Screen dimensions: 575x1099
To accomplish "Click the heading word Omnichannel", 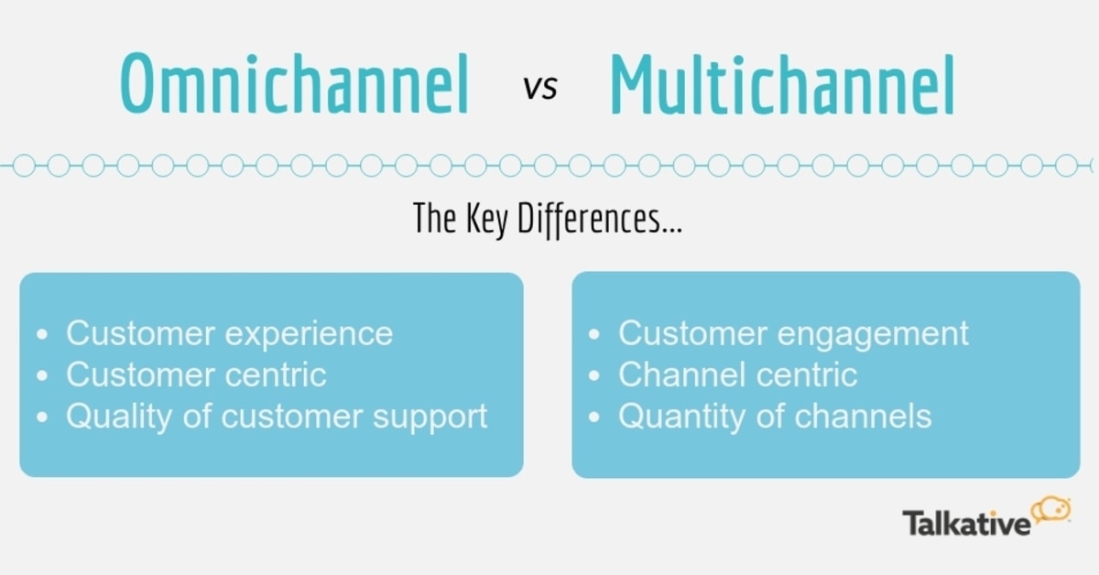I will pyautogui.click(x=294, y=85).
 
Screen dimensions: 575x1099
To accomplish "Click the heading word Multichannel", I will pyautogui.click(x=782, y=85).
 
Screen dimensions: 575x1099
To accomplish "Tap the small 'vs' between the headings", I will pyautogui.click(x=539, y=89).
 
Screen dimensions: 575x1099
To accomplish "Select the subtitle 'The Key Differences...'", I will pyautogui.click(x=548, y=220).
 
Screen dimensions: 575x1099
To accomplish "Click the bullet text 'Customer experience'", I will pyautogui.click(x=229, y=333).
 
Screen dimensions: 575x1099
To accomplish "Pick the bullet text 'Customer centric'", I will pyautogui.click(x=196, y=374).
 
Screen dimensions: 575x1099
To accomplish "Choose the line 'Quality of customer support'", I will pyautogui.click(x=277, y=417).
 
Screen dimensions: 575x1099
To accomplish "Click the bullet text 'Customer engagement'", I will pyautogui.click(x=793, y=333).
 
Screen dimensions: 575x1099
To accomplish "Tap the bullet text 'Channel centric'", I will pyautogui.click(x=737, y=374).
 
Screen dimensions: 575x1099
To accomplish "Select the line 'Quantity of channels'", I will pyautogui.click(x=775, y=417).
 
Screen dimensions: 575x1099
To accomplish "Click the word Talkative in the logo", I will pyautogui.click(x=966, y=524).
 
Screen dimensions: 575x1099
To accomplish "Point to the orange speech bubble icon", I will pyautogui.click(x=1052, y=510).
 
